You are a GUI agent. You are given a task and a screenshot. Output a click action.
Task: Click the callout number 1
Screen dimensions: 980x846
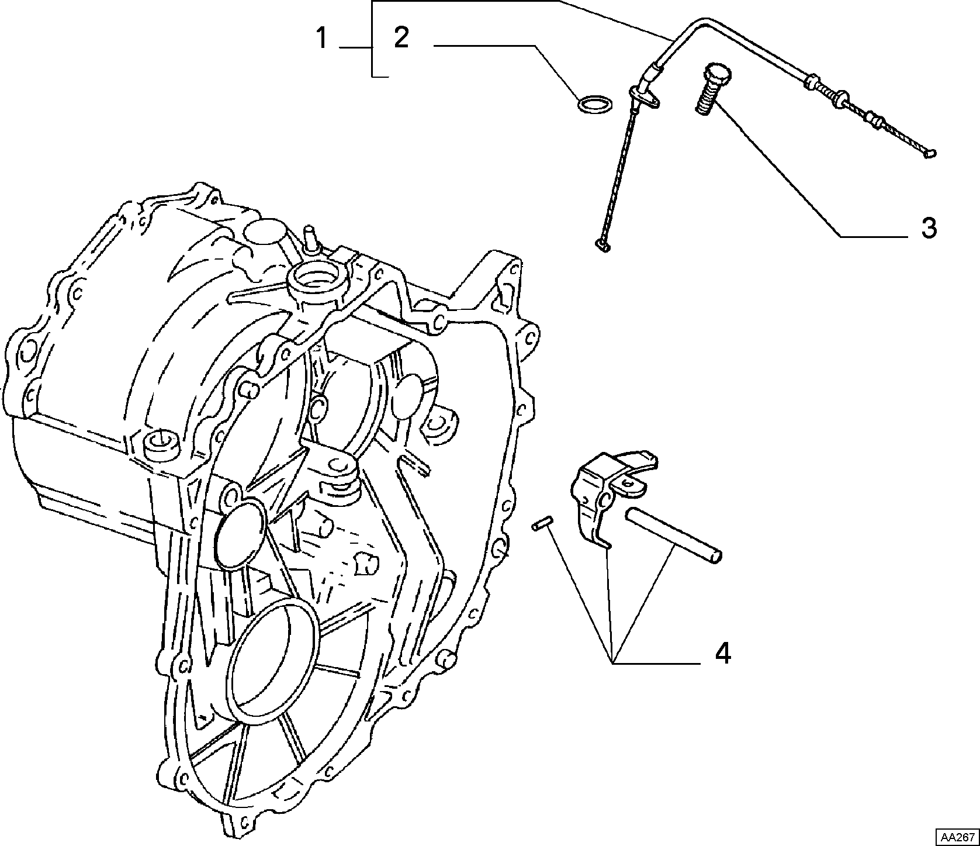pyautogui.click(x=321, y=39)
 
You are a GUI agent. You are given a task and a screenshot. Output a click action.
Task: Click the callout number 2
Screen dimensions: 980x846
pyautogui.click(x=401, y=38)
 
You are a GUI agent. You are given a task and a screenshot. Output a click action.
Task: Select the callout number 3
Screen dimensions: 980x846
pyautogui.click(x=929, y=228)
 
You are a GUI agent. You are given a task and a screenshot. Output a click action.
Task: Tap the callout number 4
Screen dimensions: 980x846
pyautogui.click(x=723, y=653)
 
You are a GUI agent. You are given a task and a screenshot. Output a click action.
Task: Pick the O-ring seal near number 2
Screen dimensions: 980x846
pyautogui.click(x=595, y=104)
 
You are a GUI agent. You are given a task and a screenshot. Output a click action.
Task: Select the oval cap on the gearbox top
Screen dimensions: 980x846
pyautogui.click(x=264, y=231)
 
